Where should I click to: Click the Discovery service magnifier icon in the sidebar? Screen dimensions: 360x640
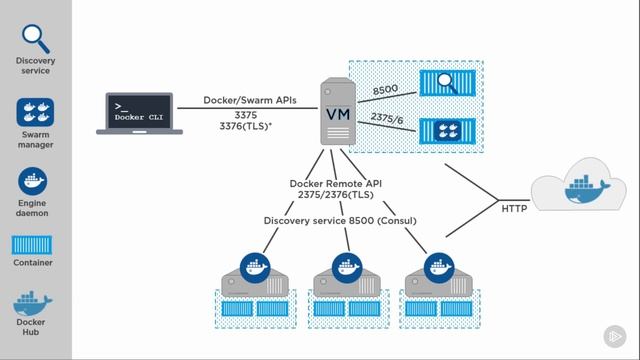click(x=35, y=38)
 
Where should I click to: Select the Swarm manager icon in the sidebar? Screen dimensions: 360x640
click(x=35, y=112)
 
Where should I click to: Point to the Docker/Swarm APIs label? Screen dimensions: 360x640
click(x=249, y=100)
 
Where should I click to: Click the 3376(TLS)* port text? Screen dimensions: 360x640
click(x=249, y=128)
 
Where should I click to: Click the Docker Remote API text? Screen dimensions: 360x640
click(x=337, y=183)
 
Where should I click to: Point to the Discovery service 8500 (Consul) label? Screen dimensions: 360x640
click(x=340, y=220)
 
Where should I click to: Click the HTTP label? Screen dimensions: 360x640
click(x=513, y=207)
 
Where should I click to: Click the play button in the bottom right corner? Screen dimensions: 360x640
click(x=612, y=337)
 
